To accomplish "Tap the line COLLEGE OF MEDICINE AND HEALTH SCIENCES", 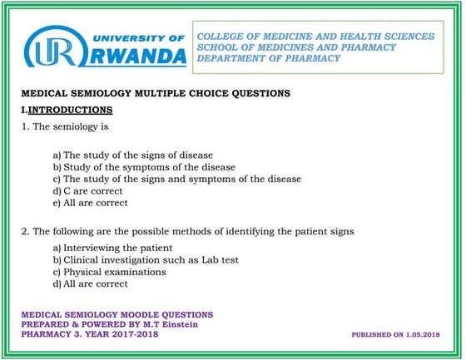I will click(x=315, y=37).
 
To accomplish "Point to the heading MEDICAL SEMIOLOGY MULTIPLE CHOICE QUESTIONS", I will click(x=156, y=94).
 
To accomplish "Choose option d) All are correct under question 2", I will click(x=90, y=284).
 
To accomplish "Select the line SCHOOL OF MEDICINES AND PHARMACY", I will click(x=298, y=47).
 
